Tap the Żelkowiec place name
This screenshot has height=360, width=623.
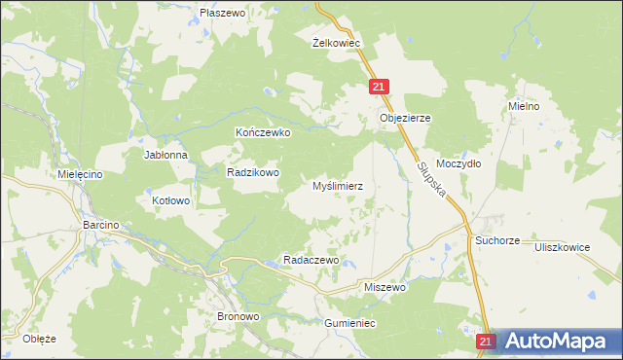click(x=337, y=43)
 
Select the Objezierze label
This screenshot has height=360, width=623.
click(x=404, y=117)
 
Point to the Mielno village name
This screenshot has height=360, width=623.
click(x=524, y=105)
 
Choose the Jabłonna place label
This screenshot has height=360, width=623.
click(x=165, y=155)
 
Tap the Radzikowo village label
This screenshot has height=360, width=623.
click(x=253, y=172)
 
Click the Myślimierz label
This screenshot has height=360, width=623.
click(x=337, y=185)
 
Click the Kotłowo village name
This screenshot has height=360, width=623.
click(x=171, y=200)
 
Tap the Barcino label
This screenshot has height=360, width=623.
click(x=100, y=225)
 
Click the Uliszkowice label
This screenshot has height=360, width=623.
click(x=562, y=247)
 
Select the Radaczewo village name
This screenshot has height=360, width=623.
click(x=310, y=260)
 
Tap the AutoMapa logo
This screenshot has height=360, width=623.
click(x=558, y=341)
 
